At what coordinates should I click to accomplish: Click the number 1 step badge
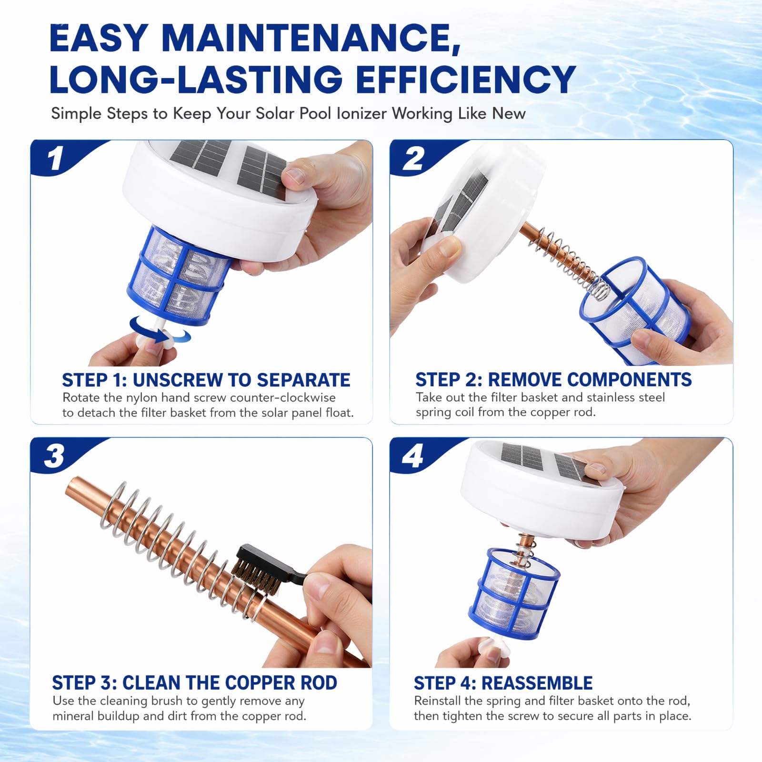[56, 158]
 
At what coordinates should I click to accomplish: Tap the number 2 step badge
[413, 158]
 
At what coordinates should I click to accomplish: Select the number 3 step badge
[54, 456]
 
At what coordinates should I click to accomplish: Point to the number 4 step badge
[412, 456]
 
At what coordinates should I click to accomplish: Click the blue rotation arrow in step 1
[160, 330]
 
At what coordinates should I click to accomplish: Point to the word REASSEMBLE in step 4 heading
[537, 683]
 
